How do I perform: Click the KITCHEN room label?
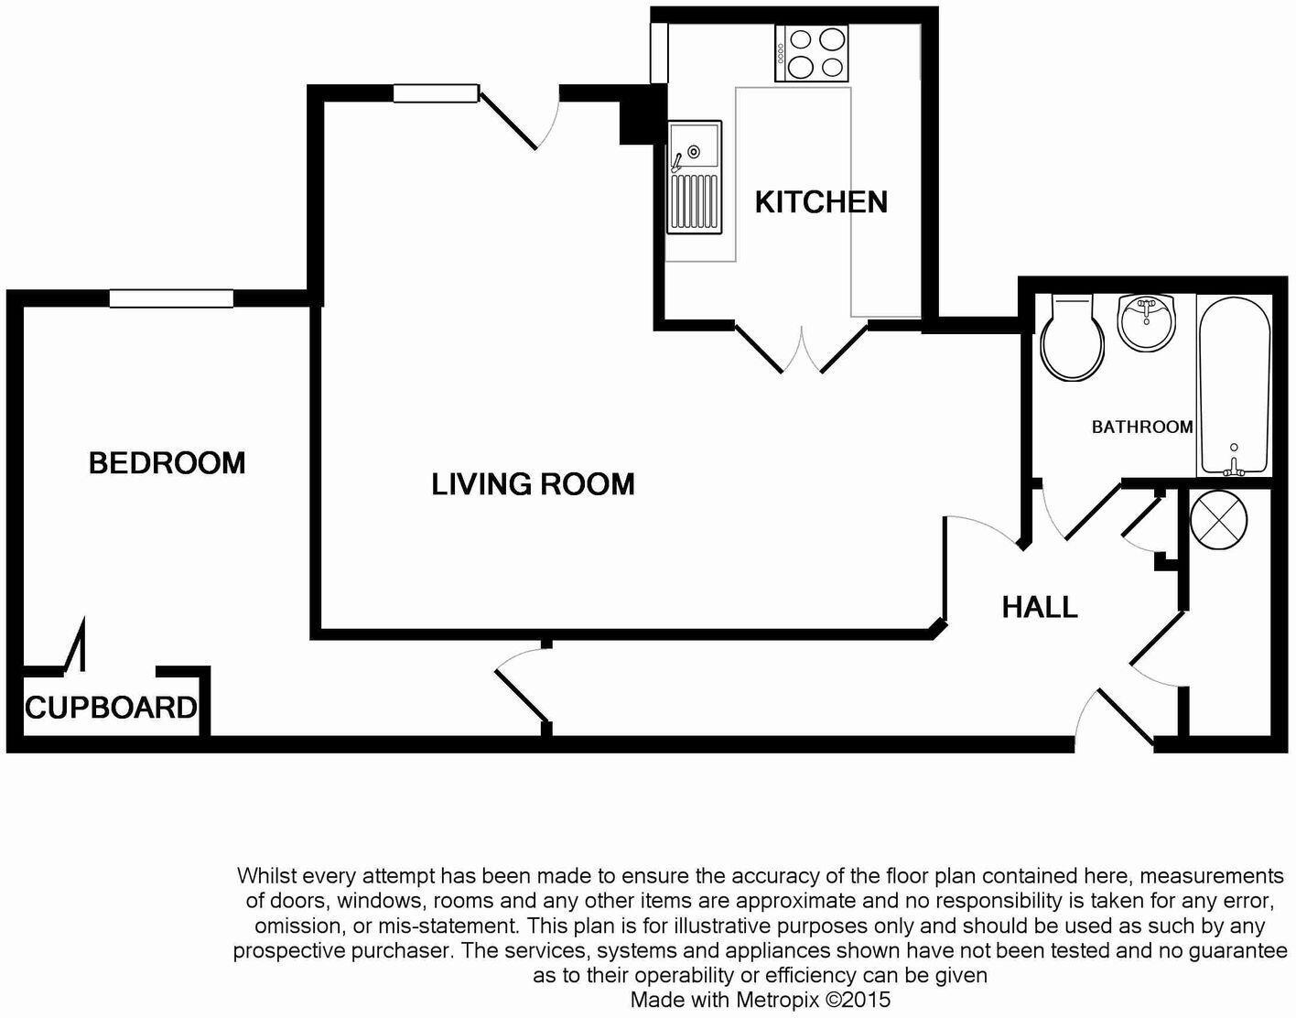point(821,201)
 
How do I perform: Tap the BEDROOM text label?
point(167,463)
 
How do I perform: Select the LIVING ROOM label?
point(533,484)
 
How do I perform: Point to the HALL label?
point(1039,607)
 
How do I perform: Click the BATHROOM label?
point(1141,427)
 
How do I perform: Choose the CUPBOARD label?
point(110,708)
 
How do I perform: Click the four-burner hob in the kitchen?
point(812,53)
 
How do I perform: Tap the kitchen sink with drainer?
point(693,176)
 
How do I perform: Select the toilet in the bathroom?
point(1072,339)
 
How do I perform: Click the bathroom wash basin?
point(1146,321)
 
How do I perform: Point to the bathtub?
point(1234,384)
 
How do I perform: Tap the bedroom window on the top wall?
point(171,298)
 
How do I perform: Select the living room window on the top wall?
point(436,92)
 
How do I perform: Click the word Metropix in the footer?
point(781,999)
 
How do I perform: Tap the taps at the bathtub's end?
point(1233,467)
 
